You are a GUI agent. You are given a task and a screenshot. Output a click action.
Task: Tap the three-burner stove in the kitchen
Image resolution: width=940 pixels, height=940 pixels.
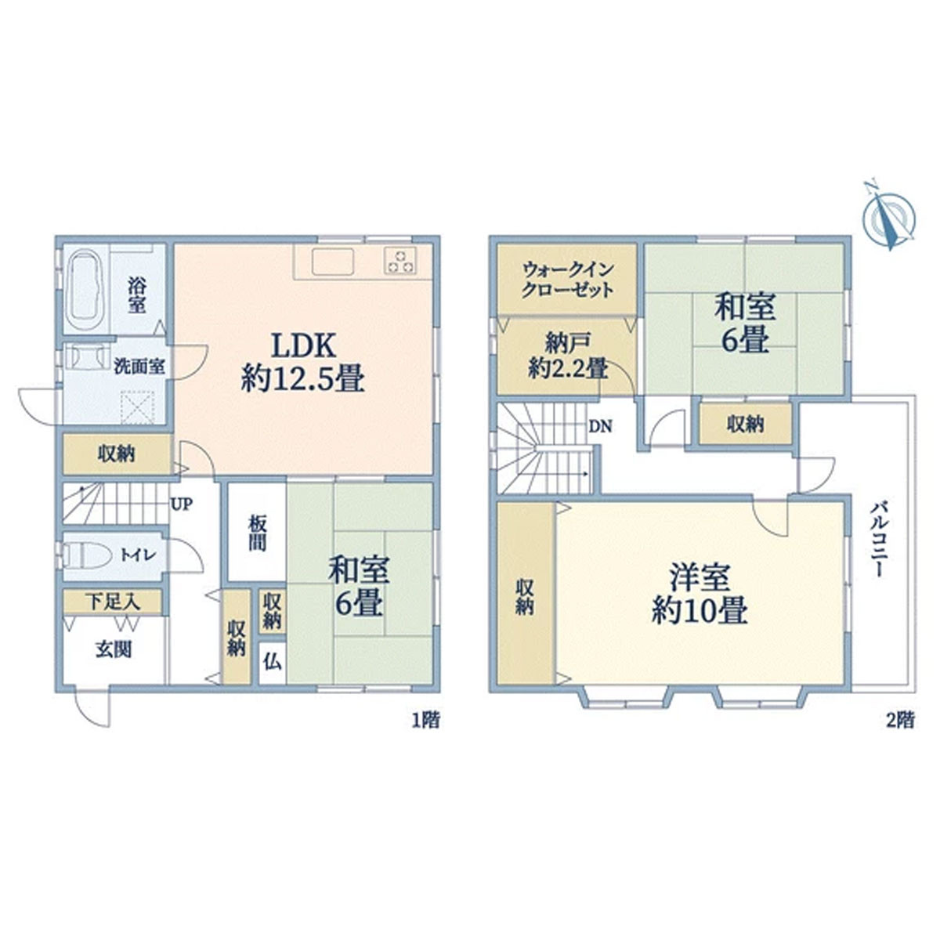pos(400,261)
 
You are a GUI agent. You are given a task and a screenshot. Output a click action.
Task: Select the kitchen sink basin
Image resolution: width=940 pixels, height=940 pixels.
pos(333,261)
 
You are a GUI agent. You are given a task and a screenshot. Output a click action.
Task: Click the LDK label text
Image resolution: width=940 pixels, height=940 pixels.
pos(303,346)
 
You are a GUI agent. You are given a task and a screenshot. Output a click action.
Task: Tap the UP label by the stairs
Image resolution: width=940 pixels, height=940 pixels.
pos(182,504)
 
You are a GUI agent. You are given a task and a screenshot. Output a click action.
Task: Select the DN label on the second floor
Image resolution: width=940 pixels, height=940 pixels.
pos(600,426)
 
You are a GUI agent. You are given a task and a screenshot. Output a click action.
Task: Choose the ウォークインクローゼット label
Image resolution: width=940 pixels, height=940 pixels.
pos(567,280)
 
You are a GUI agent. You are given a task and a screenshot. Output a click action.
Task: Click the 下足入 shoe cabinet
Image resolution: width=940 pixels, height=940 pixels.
pos(113,602)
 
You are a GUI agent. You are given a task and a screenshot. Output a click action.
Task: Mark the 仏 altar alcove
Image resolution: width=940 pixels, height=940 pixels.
pos(272,663)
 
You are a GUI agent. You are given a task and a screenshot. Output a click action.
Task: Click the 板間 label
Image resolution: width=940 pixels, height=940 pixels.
pos(257,533)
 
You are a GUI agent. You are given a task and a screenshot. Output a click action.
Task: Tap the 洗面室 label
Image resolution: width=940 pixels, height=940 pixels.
pos(139,367)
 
